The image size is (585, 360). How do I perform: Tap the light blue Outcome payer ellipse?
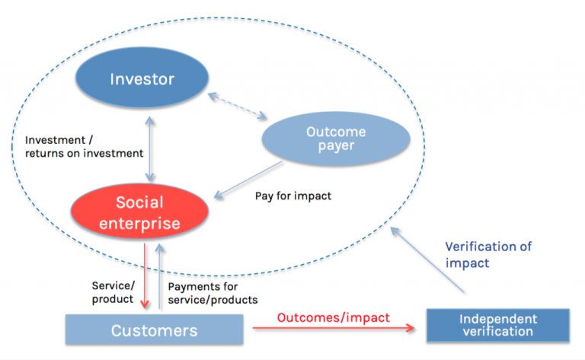pos(336,139)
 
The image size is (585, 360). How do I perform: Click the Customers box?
pos(154,330)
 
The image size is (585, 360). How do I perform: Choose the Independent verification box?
pos(497,325)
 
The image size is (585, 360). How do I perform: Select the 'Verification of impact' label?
pos(488,253)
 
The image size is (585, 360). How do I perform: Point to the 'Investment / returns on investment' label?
pos(84,147)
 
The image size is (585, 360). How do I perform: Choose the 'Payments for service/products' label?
pos(213,293)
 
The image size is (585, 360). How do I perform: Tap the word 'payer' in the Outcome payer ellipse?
pos(336,145)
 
